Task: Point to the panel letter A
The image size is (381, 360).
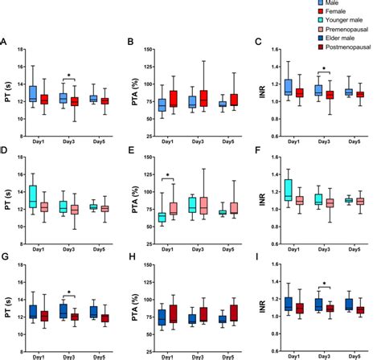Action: tap(6, 42)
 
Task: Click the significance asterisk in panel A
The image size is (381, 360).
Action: tap(70, 77)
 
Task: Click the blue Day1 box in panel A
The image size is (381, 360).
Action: tap(33, 93)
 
